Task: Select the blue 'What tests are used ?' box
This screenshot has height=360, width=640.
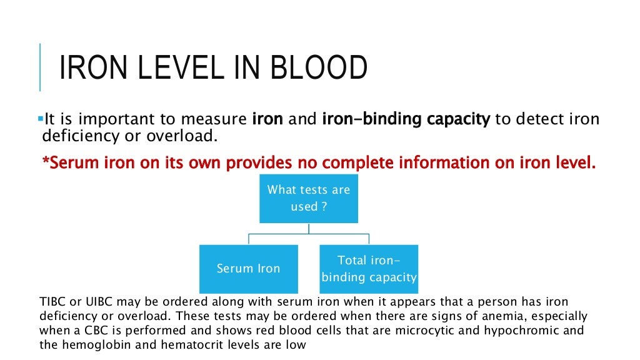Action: [x=309, y=197]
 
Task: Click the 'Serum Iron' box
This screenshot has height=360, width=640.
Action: [x=248, y=269]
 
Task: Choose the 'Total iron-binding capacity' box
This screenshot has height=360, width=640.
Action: [x=369, y=269]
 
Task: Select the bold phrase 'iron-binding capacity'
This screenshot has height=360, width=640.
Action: [x=406, y=119]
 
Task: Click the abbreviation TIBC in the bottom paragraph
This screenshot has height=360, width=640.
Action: [x=52, y=301]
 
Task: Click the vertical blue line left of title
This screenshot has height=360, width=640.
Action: [x=40, y=67]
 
